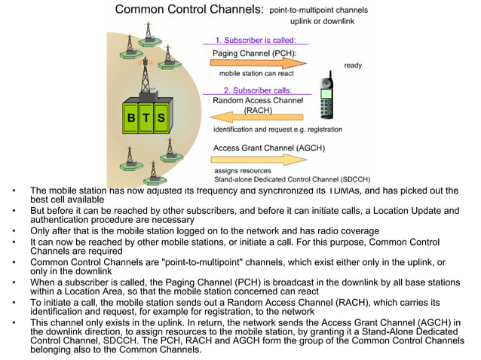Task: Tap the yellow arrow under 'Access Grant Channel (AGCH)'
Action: click(261, 159)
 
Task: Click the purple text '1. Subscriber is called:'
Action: click(256, 40)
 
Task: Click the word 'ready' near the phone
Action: click(353, 66)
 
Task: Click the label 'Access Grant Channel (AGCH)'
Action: click(269, 148)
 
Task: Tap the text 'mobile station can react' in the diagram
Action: click(256, 74)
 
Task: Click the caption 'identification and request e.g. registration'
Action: click(277, 130)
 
